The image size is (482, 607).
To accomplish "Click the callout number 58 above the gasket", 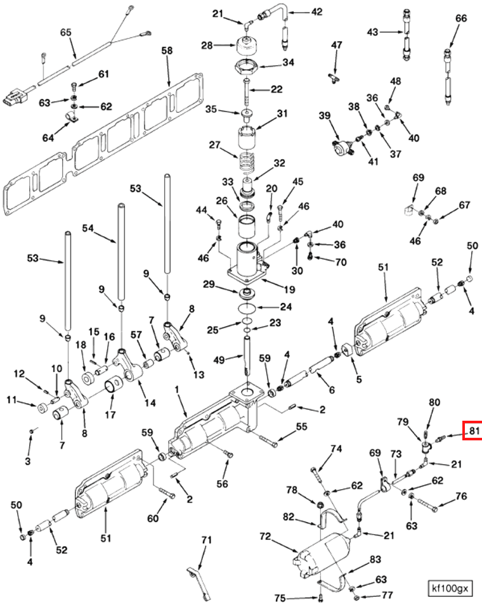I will pos(167,50).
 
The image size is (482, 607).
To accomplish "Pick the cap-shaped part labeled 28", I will pos(247,46).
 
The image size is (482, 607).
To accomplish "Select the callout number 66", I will pos(461,18).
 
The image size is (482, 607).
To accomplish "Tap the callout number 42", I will pos(316,11).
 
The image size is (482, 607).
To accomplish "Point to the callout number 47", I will pos(336,45).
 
